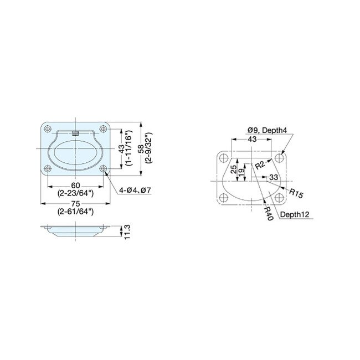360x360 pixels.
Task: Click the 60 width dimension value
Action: [x=75, y=186]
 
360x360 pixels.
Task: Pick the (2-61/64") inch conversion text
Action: [x=75, y=212]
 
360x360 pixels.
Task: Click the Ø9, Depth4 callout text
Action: [x=267, y=130]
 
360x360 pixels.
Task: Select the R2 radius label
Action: [x=260, y=164]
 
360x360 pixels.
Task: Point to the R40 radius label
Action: [x=269, y=213]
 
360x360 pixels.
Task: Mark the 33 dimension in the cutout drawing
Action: [x=274, y=177]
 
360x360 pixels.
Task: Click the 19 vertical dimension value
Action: [x=241, y=172]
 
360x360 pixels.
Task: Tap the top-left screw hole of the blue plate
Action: [x=48, y=129]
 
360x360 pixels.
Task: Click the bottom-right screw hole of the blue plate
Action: [x=102, y=168]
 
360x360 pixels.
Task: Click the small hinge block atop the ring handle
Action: [x=75, y=132]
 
